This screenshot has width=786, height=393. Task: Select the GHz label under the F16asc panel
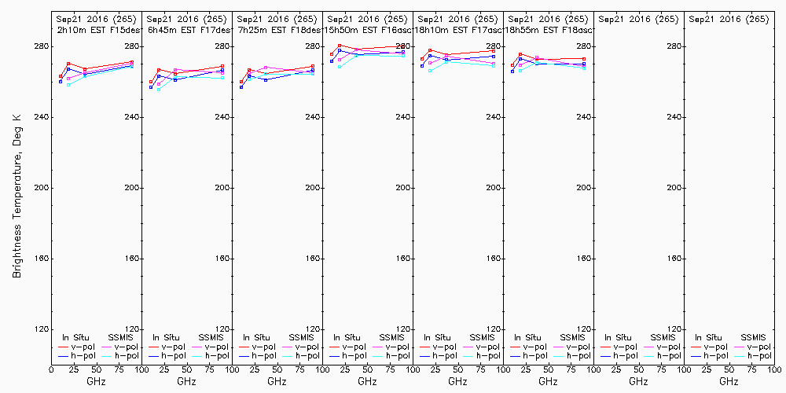coord(367,382)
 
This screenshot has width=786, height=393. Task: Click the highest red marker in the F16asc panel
coord(340,46)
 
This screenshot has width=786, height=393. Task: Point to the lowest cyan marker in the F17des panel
coord(159,90)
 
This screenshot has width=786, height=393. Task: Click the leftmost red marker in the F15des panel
coord(61,76)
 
